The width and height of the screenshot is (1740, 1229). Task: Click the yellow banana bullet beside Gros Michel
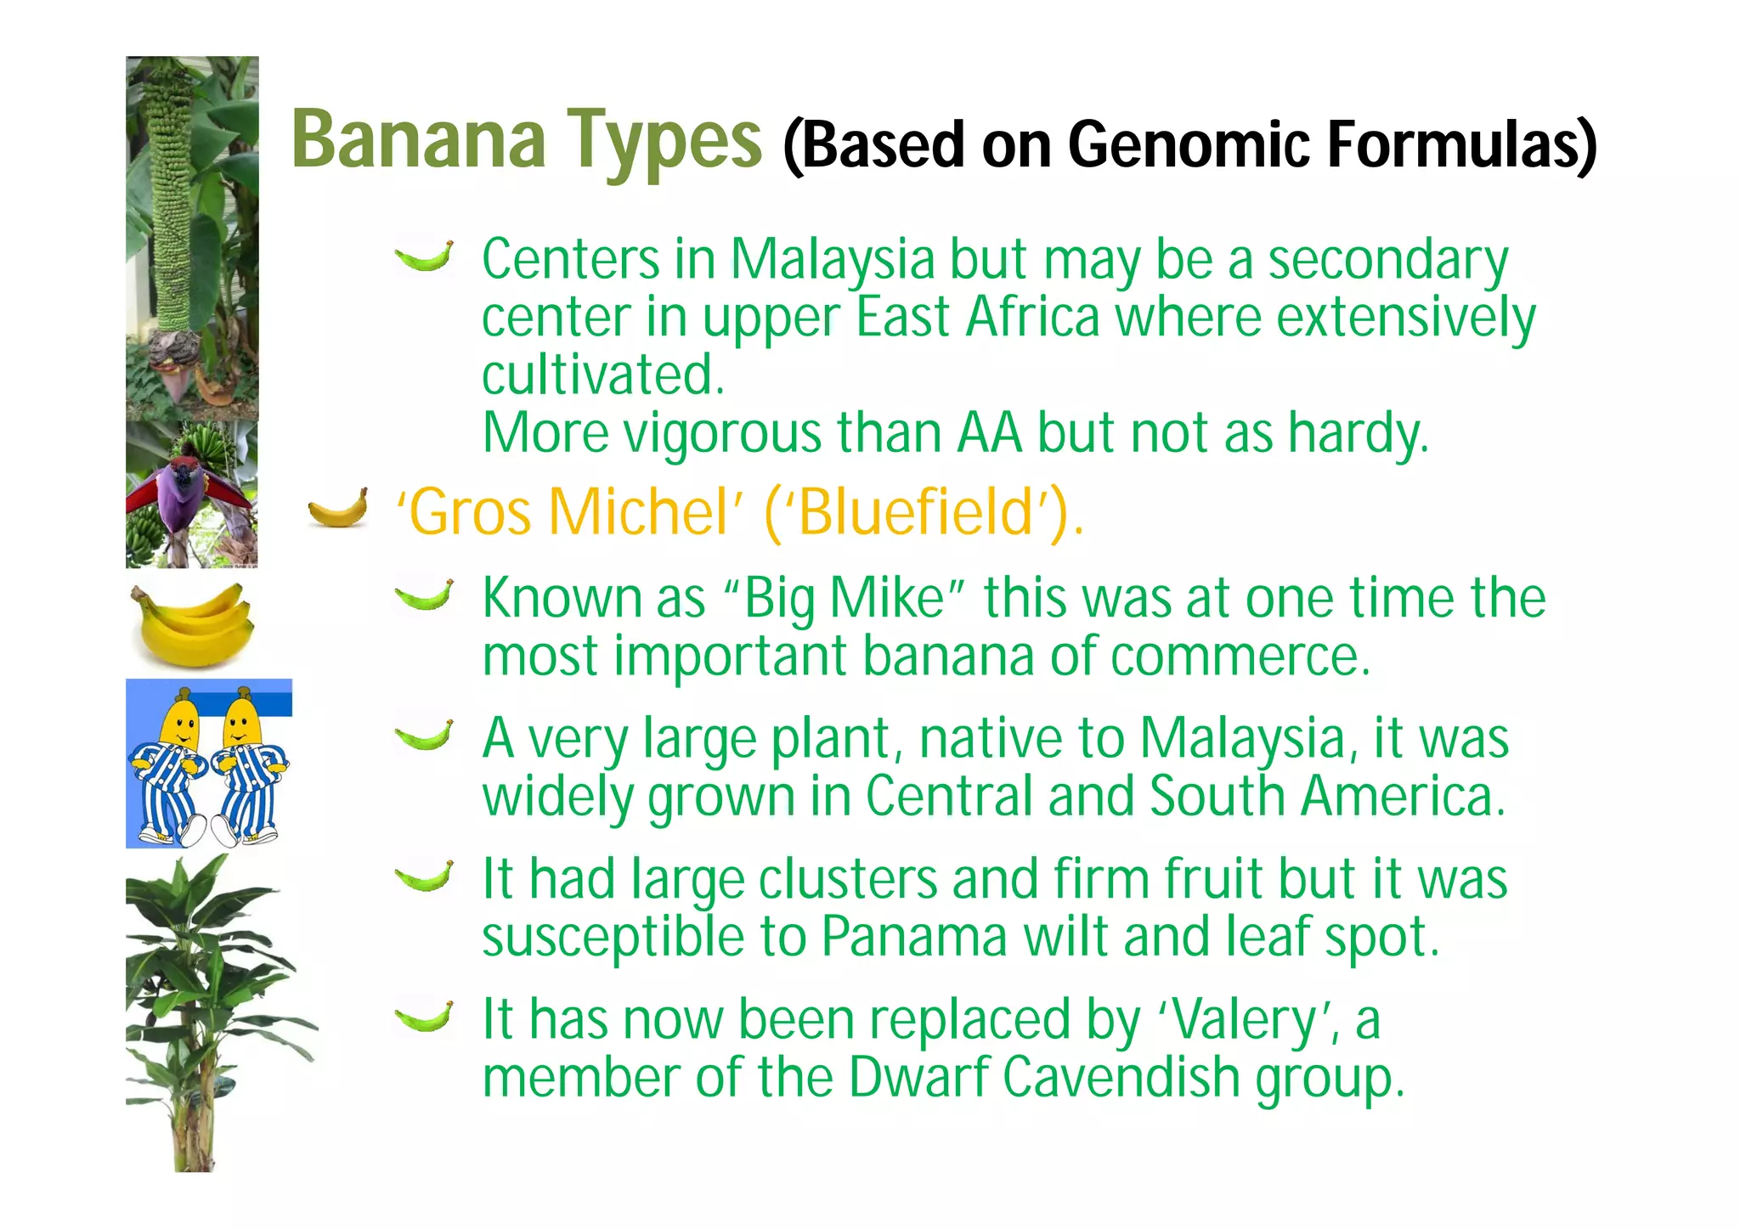[338, 508]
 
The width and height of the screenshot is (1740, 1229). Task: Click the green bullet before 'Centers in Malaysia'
[424, 256]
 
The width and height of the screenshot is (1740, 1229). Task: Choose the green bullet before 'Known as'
[424, 595]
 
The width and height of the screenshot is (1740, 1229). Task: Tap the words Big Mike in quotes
[845, 599]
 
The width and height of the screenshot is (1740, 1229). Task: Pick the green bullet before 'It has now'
[424, 1016]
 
